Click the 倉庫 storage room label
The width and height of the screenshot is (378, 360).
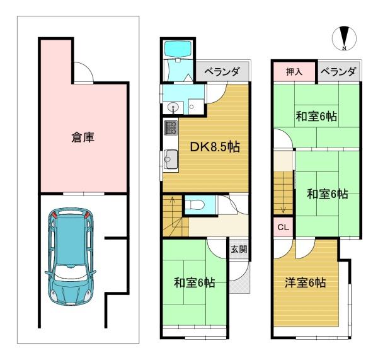click(83, 137)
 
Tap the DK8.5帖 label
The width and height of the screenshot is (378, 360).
click(215, 147)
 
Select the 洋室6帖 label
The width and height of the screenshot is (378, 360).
click(305, 283)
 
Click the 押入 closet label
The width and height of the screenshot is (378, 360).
click(294, 72)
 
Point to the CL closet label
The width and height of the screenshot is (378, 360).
click(283, 227)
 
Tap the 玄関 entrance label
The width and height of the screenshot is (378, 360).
click(239, 249)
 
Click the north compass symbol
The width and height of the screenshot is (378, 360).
click(344, 38)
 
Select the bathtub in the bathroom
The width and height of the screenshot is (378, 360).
click(178, 49)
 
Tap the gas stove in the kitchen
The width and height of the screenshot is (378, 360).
click(171, 128)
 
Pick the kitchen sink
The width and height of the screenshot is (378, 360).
click(171, 159)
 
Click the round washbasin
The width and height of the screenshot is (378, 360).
click(173, 107)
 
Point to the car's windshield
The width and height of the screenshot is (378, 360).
click(70, 272)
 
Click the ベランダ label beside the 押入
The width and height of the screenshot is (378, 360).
click(338, 72)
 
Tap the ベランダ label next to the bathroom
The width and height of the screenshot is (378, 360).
click(222, 72)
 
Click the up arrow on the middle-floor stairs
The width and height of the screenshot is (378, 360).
click(173, 212)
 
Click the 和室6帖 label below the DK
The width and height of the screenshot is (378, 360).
click(194, 283)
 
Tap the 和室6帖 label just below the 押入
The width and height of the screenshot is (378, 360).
click(316, 116)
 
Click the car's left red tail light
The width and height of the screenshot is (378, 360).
click(55, 214)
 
